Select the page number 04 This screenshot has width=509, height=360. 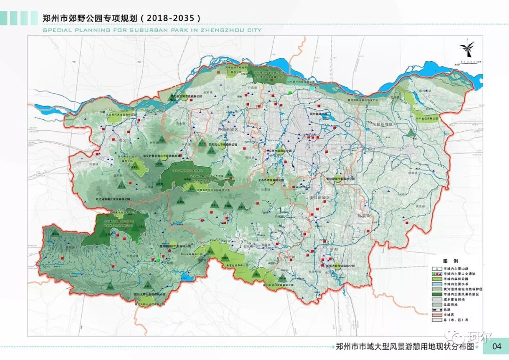[496, 347]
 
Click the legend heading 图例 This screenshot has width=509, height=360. [450, 261]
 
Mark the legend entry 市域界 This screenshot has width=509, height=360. [448, 314]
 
